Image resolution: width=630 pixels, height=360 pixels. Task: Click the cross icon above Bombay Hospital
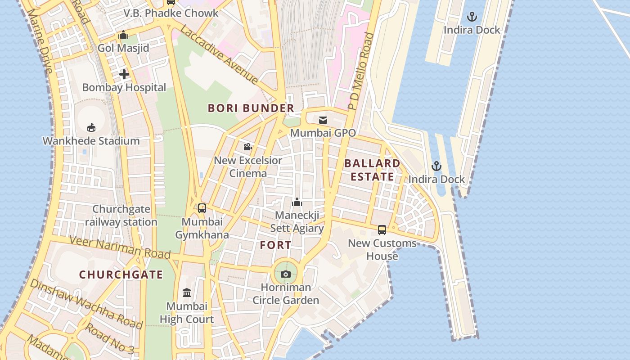tap(124, 74)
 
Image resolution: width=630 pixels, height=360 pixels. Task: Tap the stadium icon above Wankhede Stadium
tap(91, 127)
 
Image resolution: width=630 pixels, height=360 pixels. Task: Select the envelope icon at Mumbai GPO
tap(323, 120)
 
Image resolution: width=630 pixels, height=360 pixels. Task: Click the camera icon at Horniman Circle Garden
tap(285, 274)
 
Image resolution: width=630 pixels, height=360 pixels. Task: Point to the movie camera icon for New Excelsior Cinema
tap(247, 147)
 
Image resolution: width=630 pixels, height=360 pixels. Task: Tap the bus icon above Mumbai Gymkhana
tap(202, 208)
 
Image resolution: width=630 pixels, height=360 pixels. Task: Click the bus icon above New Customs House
tap(382, 229)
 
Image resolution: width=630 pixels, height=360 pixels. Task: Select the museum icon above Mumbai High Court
tap(187, 293)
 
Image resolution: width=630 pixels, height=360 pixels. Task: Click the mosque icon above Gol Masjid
tap(123, 35)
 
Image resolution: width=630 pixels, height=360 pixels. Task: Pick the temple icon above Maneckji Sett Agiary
tap(297, 202)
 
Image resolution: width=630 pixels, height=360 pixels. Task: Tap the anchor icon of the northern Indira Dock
tap(472, 17)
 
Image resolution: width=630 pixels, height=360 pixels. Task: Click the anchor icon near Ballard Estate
tap(436, 166)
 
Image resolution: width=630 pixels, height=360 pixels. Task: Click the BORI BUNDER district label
tap(251, 108)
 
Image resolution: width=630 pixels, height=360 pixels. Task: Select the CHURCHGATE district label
tap(121, 274)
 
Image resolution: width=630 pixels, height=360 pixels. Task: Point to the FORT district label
tap(275, 245)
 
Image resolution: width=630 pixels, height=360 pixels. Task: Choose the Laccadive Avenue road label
tap(219, 55)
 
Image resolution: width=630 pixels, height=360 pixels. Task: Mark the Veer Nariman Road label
tap(120, 247)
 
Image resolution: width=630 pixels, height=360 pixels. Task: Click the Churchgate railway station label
tap(121, 216)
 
